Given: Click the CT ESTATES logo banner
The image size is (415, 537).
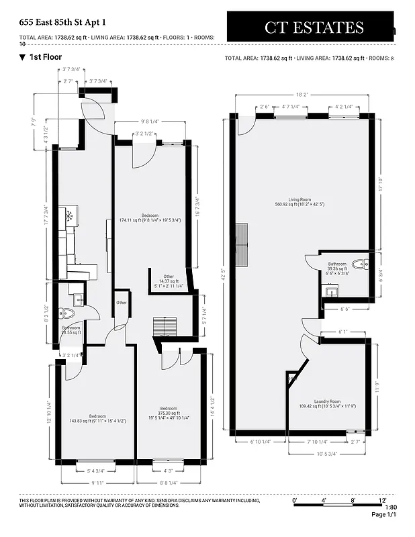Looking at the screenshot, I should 314,28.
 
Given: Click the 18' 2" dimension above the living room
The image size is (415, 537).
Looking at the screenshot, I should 302,96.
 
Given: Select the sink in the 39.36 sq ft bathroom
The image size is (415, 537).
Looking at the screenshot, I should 331,291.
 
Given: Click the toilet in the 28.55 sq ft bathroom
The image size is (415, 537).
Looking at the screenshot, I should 67,313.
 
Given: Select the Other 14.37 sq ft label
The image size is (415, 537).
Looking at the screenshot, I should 168,280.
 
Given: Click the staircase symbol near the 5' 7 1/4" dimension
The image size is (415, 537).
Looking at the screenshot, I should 165,326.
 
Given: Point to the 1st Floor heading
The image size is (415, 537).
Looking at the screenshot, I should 45,57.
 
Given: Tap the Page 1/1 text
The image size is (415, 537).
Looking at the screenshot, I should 384,514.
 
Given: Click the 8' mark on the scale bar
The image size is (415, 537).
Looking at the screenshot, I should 352,500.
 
